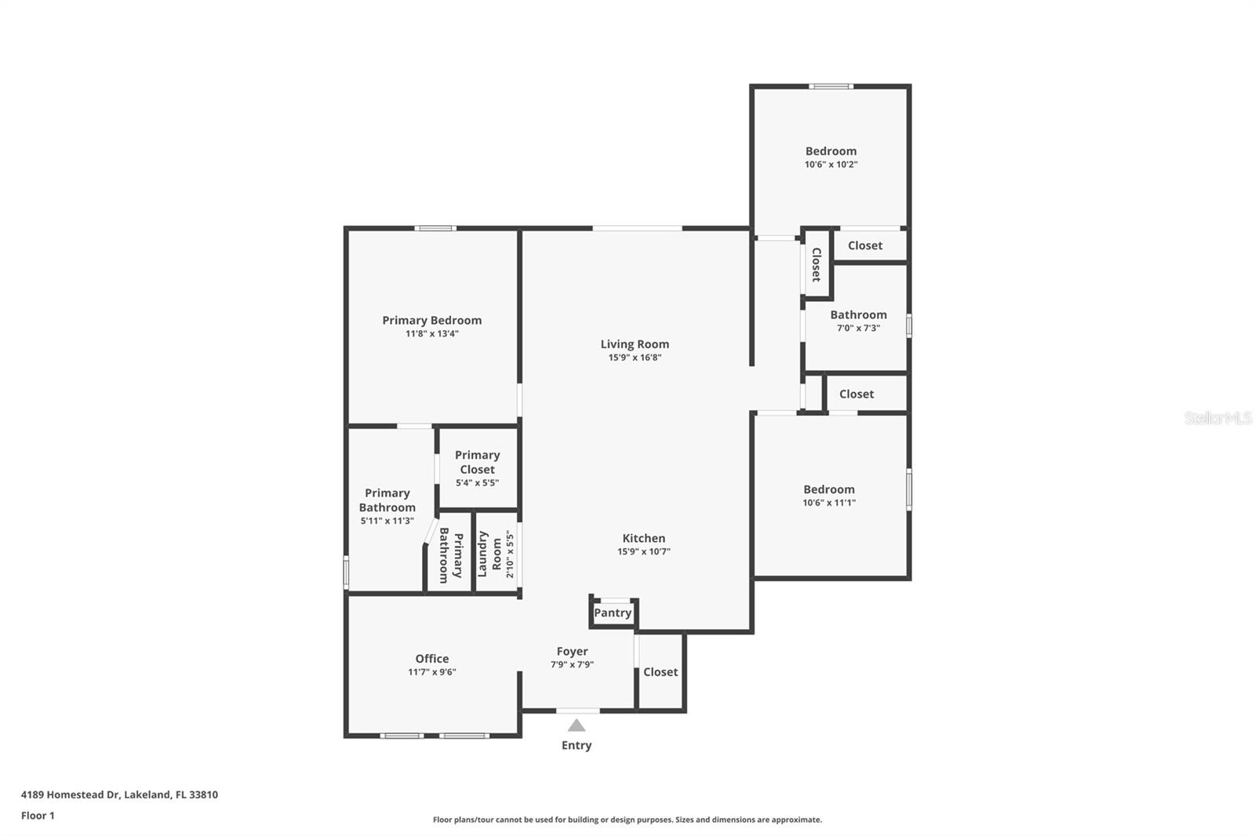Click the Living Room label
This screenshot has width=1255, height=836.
point(635,344)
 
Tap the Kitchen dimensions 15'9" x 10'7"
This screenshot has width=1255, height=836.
point(644,551)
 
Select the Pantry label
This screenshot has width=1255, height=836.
point(613,613)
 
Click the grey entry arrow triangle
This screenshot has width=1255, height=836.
point(577,725)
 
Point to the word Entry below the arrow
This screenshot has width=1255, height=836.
point(577,745)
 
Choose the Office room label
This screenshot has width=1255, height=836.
point(432,659)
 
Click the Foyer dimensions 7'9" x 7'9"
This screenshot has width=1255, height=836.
point(572,664)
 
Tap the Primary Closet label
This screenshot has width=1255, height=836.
point(478,462)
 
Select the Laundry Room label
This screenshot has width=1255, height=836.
point(489,554)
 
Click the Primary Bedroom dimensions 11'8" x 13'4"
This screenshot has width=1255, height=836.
point(432,334)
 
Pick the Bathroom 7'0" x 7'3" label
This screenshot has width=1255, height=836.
point(858,321)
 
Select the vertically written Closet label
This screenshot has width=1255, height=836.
point(817,264)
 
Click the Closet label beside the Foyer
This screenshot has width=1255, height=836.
point(660,672)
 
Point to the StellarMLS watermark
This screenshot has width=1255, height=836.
point(1218,417)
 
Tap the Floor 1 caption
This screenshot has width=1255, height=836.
point(38,816)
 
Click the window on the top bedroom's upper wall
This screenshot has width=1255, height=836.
point(831,86)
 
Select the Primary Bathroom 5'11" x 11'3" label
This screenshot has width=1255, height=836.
point(387,506)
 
